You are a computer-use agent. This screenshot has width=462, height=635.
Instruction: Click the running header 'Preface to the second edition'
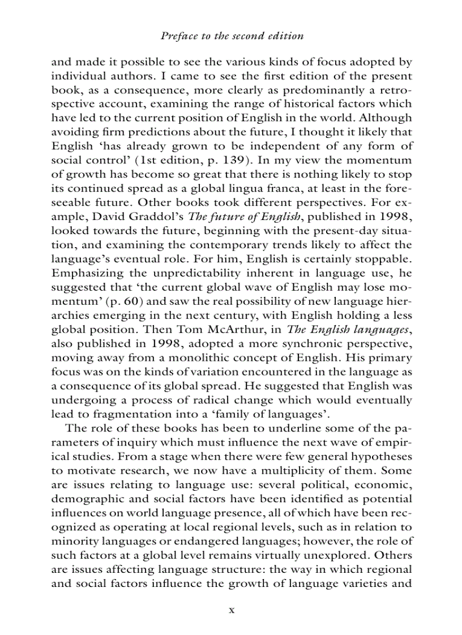point(232,36)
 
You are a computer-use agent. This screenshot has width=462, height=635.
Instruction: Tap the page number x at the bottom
point(231,610)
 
